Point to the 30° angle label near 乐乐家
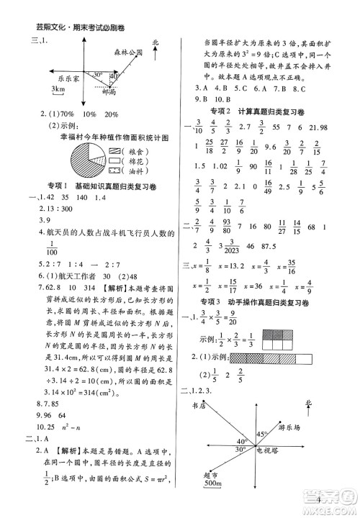pos(99,73)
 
